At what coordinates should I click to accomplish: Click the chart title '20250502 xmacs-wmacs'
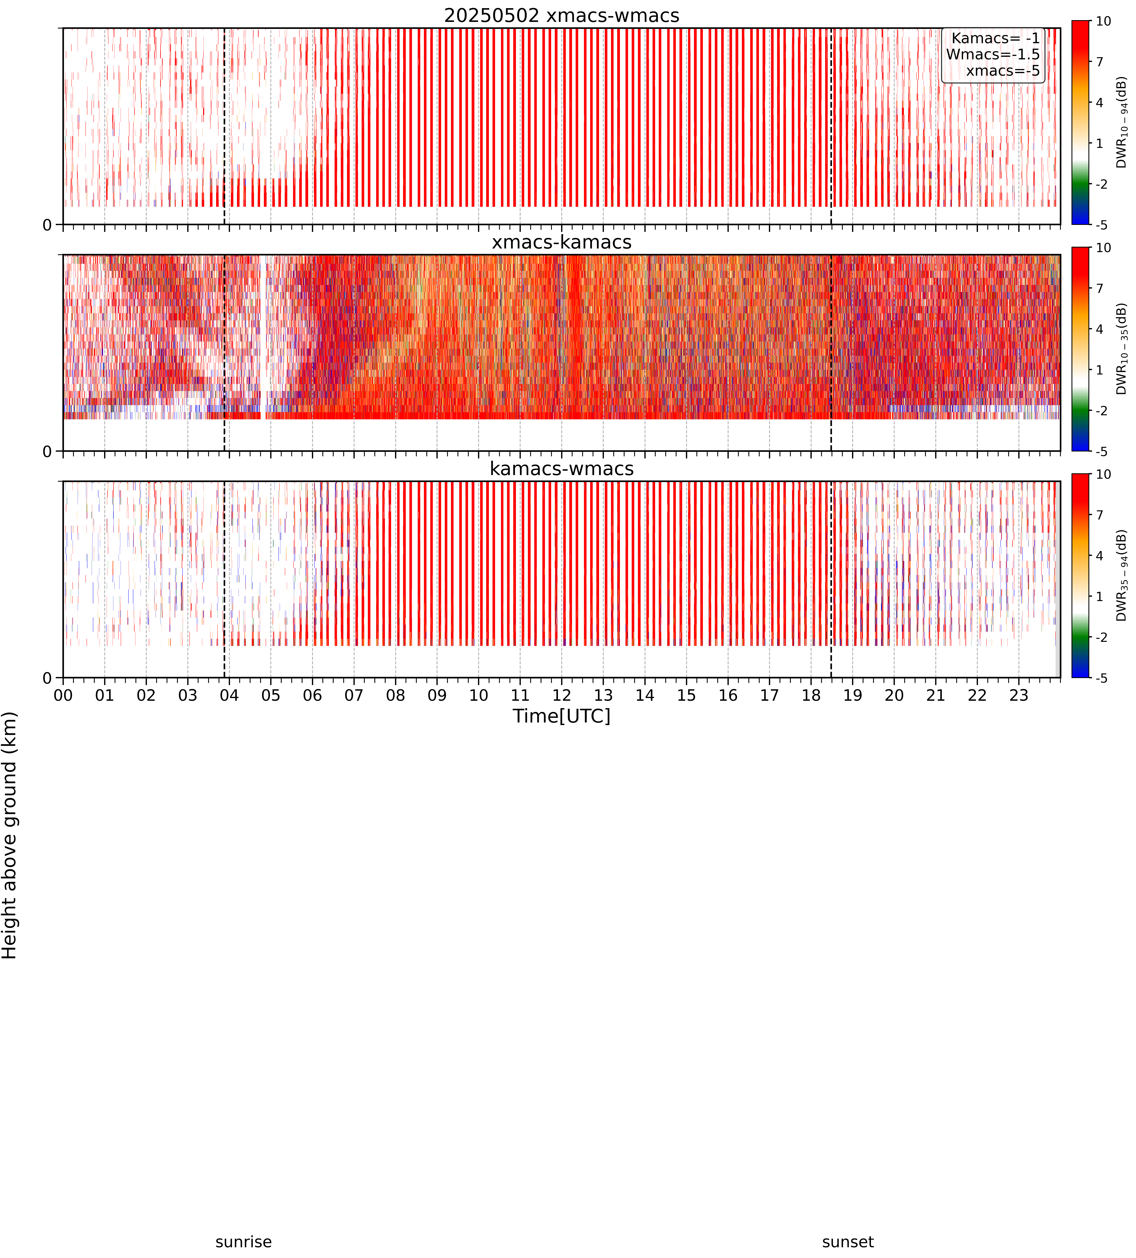click(x=562, y=16)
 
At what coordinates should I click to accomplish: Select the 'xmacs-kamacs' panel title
click(x=562, y=242)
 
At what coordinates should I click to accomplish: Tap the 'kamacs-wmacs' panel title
click(x=562, y=469)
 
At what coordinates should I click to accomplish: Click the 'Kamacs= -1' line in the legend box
click(x=996, y=39)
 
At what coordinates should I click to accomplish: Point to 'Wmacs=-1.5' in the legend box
click(x=993, y=55)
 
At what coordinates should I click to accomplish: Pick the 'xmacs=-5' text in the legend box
click(x=1003, y=71)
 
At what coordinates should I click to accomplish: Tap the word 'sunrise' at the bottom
click(x=243, y=1242)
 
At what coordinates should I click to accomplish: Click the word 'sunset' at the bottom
click(x=848, y=1242)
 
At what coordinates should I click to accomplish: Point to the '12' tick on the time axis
click(x=562, y=695)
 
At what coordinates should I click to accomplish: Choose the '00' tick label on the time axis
click(x=63, y=695)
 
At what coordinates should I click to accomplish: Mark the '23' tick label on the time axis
click(x=1019, y=695)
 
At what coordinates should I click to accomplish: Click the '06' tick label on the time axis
click(x=312, y=695)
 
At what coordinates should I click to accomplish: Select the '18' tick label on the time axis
click(x=811, y=695)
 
